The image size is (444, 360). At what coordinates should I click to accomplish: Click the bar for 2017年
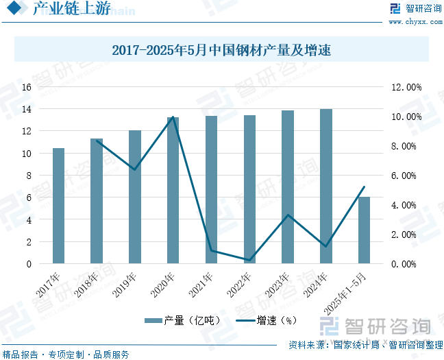pos(58,206)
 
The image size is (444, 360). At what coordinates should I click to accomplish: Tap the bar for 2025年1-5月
pos(364,230)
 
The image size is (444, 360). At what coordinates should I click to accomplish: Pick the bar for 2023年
pos(288,187)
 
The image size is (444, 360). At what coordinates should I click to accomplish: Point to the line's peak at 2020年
pos(173,117)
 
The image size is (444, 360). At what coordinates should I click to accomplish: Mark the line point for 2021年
pos(211,250)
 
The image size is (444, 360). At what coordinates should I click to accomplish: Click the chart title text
pos(221,50)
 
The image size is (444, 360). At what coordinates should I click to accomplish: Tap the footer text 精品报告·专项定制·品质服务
pos(66,354)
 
